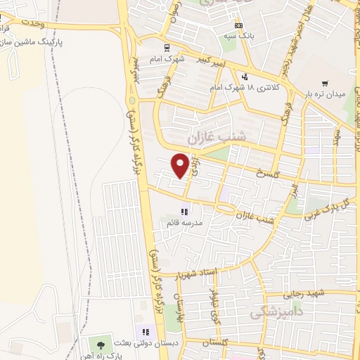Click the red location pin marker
click(x=181, y=165)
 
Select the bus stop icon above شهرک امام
click(x=166, y=49)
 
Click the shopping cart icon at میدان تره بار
click(x=325, y=82)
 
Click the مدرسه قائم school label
click(x=184, y=222)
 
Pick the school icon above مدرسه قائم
click(x=184, y=211)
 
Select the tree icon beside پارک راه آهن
click(x=100, y=345)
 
